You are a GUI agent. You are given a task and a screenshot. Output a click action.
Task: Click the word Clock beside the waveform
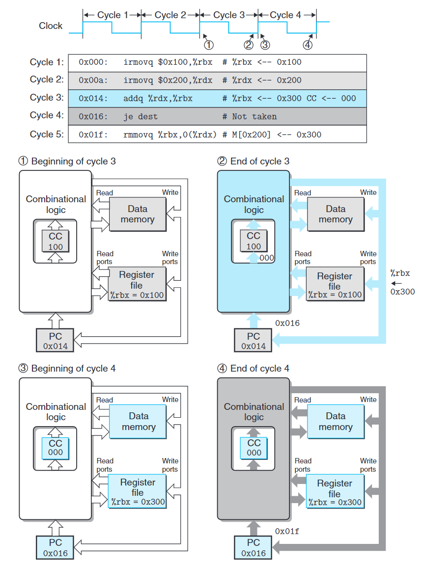[x=51, y=26]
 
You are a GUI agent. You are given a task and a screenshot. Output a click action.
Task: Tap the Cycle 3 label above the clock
[x=228, y=15]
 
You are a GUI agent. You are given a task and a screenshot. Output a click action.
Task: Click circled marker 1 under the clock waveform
[x=209, y=45]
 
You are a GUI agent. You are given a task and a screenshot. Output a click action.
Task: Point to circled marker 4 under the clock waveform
[x=308, y=45]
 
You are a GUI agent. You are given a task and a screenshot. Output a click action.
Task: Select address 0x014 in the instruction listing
[x=92, y=98]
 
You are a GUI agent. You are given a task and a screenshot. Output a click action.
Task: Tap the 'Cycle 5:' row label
[x=47, y=134]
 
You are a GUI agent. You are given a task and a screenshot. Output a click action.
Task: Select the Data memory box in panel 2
[x=336, y=215]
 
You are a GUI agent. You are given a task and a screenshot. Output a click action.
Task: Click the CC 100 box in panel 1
[x=56, y=241]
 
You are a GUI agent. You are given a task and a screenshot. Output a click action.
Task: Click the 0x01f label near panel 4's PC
[x=287, y=531]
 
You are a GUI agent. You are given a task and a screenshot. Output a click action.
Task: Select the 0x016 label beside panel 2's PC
[x=287, y=323]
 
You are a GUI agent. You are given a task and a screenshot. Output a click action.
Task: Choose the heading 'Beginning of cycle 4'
[x=73, y=369]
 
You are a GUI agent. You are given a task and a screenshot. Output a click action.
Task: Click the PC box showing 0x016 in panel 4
[x=254, y=547]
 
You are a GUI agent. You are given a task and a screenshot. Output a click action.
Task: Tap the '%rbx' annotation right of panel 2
[x=400, y=273]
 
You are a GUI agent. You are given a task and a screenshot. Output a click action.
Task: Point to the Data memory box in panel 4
[x=336, y=422]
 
